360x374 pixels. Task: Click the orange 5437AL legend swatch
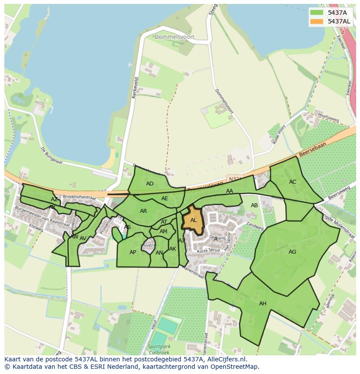pos(316,21)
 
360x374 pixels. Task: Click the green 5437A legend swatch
pos(316,12)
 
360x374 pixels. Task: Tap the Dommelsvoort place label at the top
pos(174,37)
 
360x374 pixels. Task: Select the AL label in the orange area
pos(193,221)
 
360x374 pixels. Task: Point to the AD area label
pos(150,184)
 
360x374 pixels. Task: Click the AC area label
pos(293,182)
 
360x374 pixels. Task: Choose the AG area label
pos(292,252)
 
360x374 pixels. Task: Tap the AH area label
pos(263,304)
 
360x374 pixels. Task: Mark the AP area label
pos(133,252)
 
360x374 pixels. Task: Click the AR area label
pos(143,212)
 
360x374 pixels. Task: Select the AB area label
pos(254,205)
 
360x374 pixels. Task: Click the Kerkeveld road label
pos(136,87)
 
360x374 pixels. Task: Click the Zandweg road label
pos(255,226)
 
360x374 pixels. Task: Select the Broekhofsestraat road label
pos(79,197)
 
